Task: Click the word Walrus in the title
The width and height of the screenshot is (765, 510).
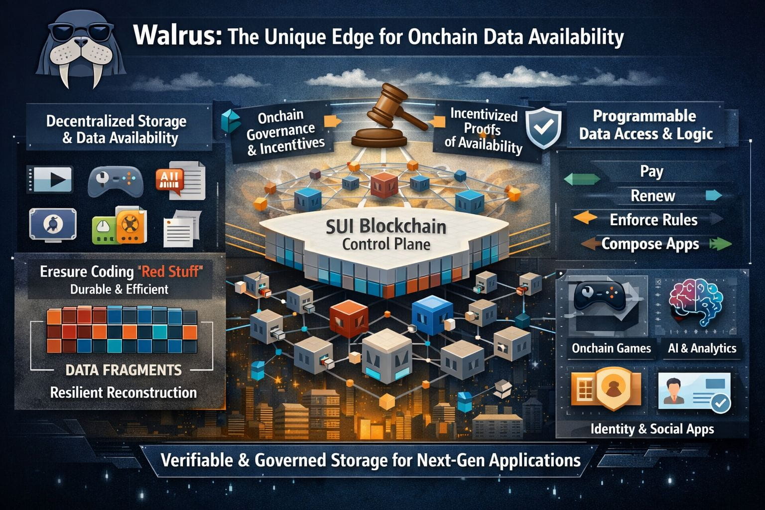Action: (177, 35)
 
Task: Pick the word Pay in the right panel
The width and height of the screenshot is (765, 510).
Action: (651, 172)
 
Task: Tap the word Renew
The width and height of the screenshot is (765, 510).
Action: (652, 196)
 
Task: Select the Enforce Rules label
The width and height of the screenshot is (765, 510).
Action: (653, 220)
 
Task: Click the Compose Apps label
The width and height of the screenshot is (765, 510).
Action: (650, 244)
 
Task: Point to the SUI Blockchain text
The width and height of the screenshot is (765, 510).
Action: (386, 227)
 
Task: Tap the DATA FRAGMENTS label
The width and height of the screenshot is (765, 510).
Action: (124, 370)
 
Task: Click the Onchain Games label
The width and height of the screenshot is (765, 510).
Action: (611, 348)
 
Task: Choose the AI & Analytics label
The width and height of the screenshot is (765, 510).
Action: (702, 348)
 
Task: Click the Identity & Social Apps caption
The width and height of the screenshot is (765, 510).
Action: (652, 429)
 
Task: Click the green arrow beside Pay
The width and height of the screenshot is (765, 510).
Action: (582, 179)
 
